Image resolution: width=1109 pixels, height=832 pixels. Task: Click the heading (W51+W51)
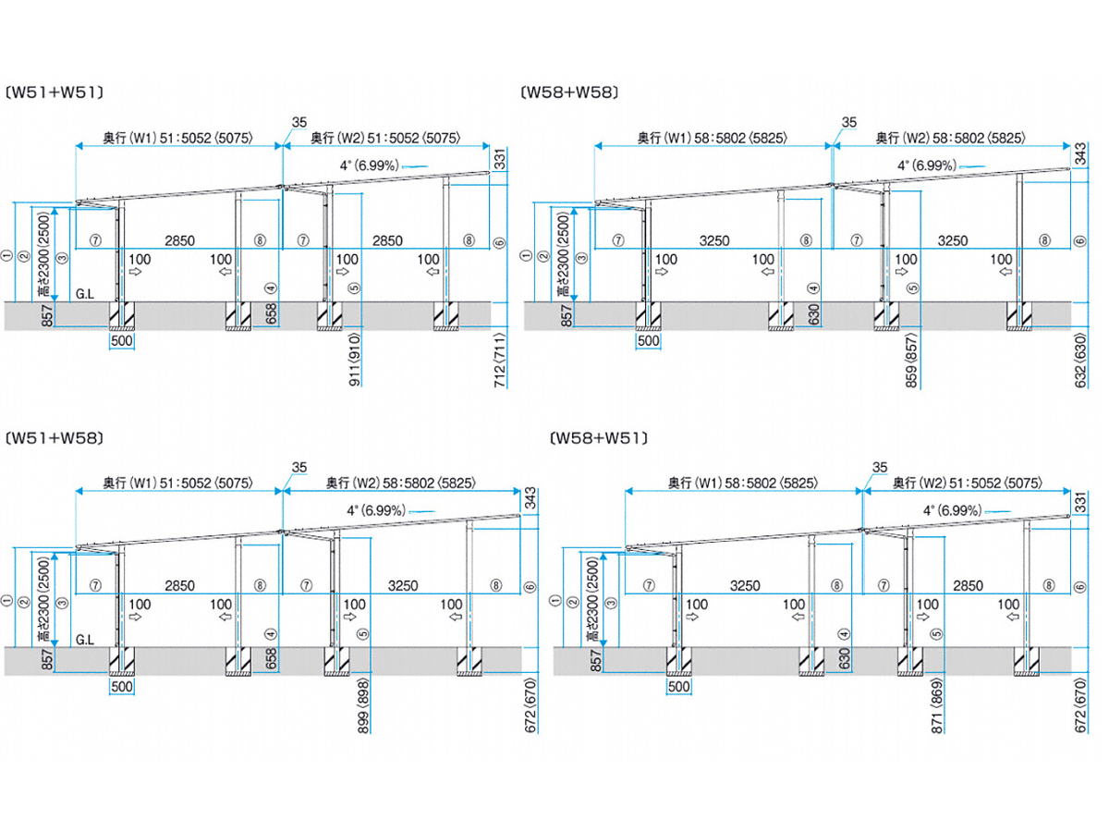(54, 92)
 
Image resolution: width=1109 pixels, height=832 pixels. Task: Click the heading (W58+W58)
(569, 92)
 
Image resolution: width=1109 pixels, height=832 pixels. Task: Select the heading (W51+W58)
(54, 438)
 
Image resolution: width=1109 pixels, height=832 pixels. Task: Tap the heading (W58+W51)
(599, 438)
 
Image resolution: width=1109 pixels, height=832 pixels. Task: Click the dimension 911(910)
(355, 360)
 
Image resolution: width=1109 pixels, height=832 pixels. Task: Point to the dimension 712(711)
(500, 360)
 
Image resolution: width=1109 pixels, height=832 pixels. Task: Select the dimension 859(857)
(911, 361)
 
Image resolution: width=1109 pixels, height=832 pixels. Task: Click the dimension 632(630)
(1079, 361)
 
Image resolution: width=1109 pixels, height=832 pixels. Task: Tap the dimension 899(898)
(363, 705)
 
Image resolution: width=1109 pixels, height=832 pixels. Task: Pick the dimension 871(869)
(937, 705)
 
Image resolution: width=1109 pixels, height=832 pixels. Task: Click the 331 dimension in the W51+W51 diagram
(499, 159)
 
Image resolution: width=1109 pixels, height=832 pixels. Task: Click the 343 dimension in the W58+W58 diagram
(1079, 154)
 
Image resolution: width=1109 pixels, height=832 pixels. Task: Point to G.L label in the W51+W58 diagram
(85, 640)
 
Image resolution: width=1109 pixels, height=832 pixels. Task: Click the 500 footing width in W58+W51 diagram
(678, 687)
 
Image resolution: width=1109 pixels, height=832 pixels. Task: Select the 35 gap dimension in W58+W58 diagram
(848, 122)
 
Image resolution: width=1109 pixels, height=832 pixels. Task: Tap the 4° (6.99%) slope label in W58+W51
(953, 510)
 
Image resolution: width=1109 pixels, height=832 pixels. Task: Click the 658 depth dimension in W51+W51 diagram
(272, 313)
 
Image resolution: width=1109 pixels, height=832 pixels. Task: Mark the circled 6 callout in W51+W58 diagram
(530, 587)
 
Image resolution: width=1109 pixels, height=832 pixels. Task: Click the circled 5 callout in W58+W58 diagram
(912, 288)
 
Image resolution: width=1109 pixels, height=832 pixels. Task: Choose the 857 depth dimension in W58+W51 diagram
(596, 661)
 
